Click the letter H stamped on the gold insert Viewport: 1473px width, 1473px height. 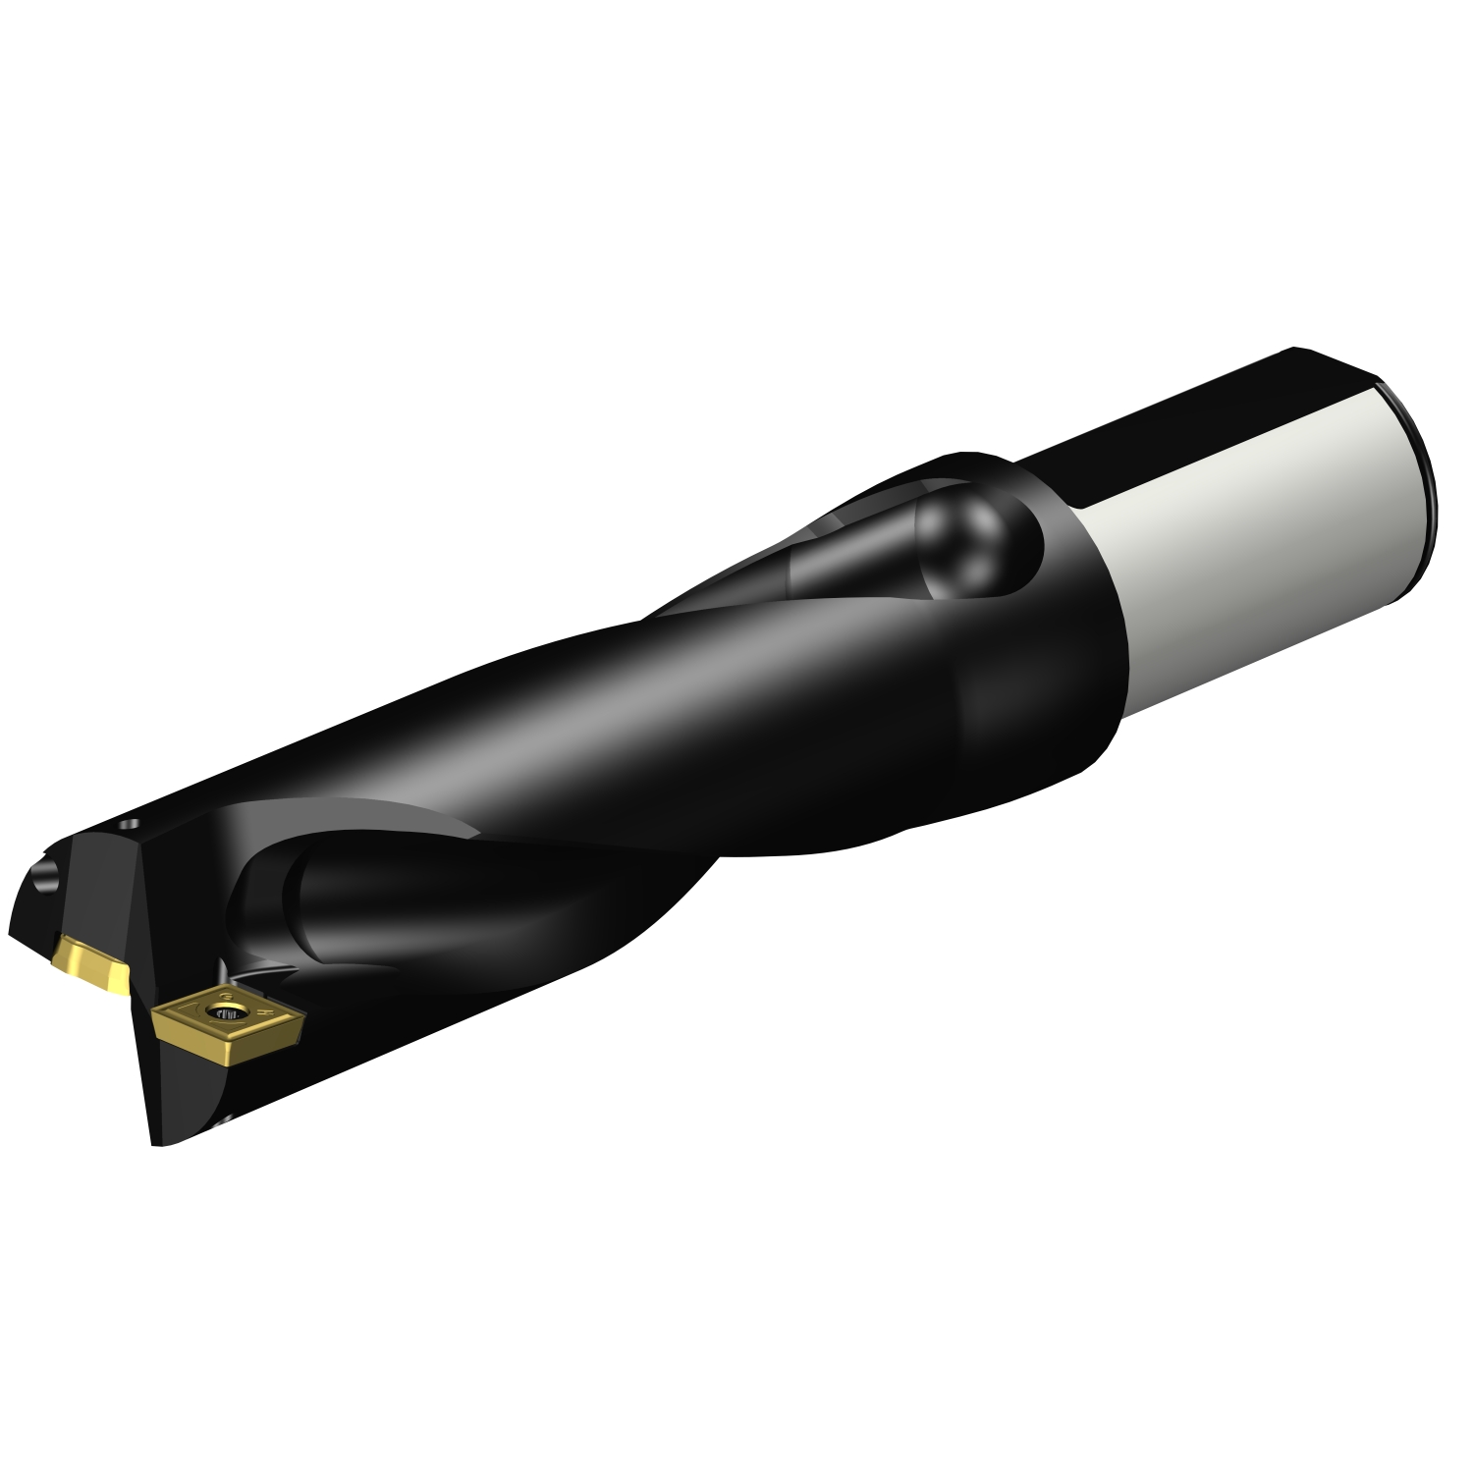[x=268, y=1008]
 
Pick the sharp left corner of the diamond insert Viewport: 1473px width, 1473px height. [x=157, y=1011]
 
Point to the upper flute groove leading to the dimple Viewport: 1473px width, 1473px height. [x=845, y=560]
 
